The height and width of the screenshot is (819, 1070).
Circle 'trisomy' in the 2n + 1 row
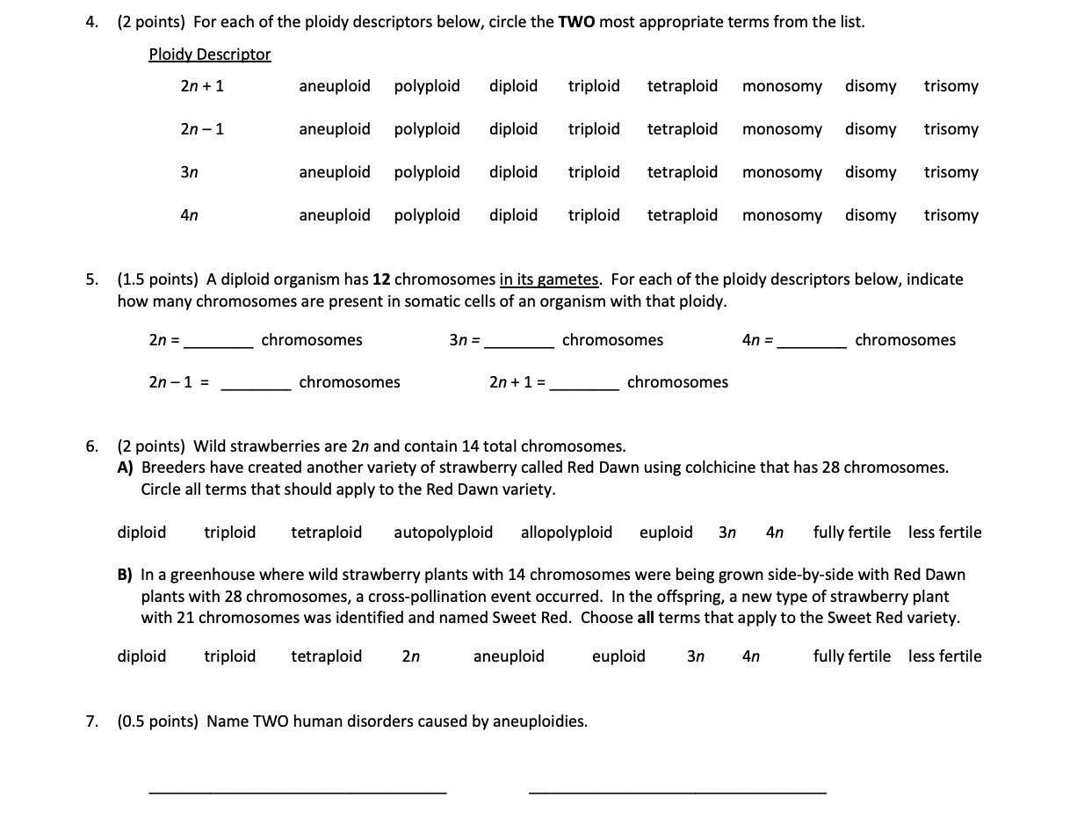point(951,86)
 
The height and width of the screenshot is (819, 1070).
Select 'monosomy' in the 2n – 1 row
point(782,129)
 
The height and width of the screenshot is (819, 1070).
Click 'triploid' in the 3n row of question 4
point(594,172)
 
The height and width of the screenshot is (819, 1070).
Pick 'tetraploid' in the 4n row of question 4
point(682,215)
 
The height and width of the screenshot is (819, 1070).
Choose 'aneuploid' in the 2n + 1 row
point(334,86)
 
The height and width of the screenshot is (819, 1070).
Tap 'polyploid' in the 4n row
point(427,215)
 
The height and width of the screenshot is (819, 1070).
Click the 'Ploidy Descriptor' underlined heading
point(210,54)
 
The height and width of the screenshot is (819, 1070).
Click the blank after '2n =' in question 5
point(218,343)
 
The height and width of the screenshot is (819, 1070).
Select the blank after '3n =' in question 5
point(519,343)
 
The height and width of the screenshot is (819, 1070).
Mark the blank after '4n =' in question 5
point(813,343)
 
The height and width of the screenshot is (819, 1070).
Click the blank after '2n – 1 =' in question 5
point(256,385)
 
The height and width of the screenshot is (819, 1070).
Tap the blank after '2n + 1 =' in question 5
point(584,385)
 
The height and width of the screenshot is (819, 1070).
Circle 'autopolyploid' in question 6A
point(443,533)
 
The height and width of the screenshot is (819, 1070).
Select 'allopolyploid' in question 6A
point(567,533)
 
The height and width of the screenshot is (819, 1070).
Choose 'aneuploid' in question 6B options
point(509,656)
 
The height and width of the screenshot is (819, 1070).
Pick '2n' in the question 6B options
point(410,656)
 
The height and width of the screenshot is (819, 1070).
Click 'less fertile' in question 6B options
point(945,656)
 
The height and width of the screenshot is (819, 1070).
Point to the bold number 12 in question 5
point(381,279)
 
